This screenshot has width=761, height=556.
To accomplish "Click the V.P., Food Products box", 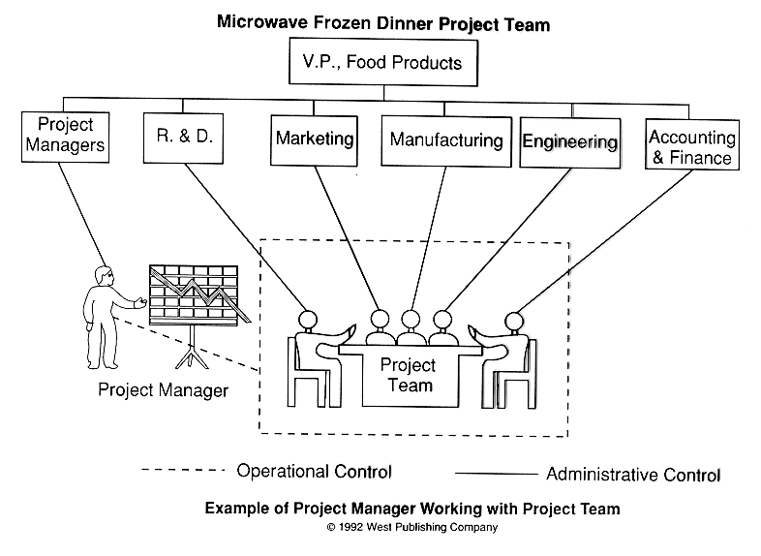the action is [x=383, y=63].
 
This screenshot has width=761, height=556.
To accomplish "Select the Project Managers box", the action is [x=65, y=137].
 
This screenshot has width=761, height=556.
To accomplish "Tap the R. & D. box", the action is [x=183, y=138].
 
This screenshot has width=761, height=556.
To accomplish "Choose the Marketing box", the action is [x=314, y=140].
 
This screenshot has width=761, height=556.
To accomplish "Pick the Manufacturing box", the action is [x=446, y=141].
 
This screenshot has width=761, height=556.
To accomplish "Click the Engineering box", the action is [x=570, y=142].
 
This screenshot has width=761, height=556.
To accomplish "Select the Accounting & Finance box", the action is [x=692, y=144].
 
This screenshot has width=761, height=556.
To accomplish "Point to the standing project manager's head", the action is [x=105, y=277].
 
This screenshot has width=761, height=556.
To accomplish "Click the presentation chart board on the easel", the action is [x=195, y=294].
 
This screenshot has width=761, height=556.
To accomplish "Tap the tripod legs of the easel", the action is [x=193, y=352].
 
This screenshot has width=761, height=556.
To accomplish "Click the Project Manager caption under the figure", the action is [x=163, y=390].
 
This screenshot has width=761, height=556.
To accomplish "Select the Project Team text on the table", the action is [x=409, y=375].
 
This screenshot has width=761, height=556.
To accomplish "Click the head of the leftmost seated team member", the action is [x=307, y=321].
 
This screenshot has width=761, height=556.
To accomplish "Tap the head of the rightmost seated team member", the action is [x=514, y=322].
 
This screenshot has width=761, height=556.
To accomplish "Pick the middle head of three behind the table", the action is [x=411, y=320].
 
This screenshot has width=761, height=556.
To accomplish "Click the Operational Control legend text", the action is [x=314, y=471].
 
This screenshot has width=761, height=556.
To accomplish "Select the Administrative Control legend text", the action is [x=633, y=474].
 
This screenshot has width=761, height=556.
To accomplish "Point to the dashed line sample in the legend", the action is [x=183, y=470].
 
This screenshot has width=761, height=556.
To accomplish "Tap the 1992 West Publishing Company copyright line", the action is [x=412, y=527].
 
